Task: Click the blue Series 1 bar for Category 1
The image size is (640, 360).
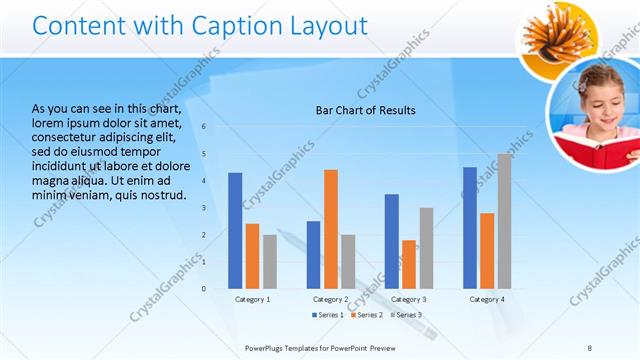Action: (235, 230)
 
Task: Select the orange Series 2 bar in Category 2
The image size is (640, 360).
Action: (331, 229)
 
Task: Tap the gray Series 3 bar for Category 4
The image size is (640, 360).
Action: (504, 221)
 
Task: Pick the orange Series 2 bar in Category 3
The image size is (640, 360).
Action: (409, 264)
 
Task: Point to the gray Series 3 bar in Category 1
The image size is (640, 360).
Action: (270, 261)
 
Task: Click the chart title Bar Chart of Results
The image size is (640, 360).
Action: (365, 110)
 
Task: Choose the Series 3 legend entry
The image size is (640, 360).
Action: (405, 315)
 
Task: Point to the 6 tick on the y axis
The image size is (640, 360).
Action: (204, 126)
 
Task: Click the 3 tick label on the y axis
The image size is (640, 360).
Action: (204, 207)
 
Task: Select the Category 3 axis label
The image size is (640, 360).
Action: (408, 299)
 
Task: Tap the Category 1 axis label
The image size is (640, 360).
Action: (252, 299)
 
